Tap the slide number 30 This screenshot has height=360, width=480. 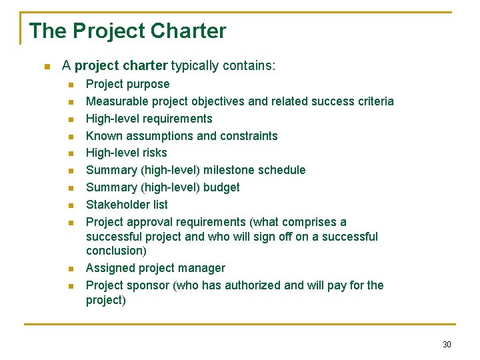[446, 344]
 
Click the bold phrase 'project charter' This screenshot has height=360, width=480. [121, 66]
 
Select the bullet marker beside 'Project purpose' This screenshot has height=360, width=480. [71, 85]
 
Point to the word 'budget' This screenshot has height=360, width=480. [222, 187]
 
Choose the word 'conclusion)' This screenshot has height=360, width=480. [117, 251]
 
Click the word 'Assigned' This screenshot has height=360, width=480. [109, 268]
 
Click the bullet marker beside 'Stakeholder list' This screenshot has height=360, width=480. [71, 205]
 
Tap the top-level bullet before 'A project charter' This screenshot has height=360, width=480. [46, 67]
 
